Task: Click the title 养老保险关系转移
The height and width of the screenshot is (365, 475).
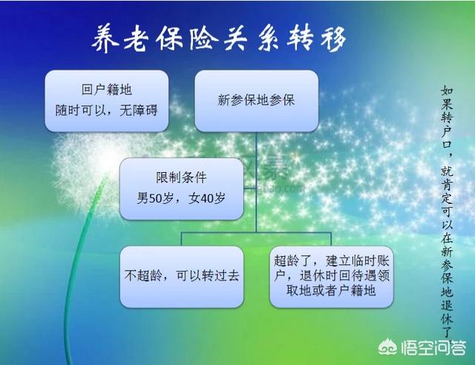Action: pyautogui.click(x=219, y=39)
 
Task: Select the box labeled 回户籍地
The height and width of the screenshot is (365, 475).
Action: pyautogui.click(x=107, y=101)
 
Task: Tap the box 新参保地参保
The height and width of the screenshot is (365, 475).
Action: pyautogui.click(x=256, y=101)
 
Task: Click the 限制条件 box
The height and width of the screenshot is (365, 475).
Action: pyautogui.click(x=181, y=188)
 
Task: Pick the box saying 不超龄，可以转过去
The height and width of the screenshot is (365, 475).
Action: pyautogui.click(x=182, y=277)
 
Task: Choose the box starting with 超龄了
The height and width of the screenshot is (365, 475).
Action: pyautogui.click(x=332, y=277)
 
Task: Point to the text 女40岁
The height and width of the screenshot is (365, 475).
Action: pyautogui.click(x=207, y=198)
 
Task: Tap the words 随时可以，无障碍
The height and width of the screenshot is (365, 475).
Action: pyautogui.click(x=106, y=111)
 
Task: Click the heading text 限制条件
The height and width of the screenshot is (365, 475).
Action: pyautogui.click(x=181, y=177)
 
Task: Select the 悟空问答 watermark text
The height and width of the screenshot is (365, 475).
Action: pyautogui.click(x=433, y=347)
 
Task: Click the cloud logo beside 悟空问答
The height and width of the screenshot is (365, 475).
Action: pyautogui.click(x=388, y=347)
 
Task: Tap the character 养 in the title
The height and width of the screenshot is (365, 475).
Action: pyautogui.click(x=105, y=39)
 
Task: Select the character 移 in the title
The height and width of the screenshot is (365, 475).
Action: pyautogui.click(x=333, y=39)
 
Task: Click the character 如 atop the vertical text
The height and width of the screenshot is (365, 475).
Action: pyautogui.click(x=447, y=90)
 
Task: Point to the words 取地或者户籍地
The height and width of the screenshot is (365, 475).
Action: pyautogui.click(x=332, y=291)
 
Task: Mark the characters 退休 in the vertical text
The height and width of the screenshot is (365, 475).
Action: pyautogui.click(x=447, y=312)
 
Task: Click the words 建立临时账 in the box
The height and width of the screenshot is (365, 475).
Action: pyautogui.click(x=358, y=261)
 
